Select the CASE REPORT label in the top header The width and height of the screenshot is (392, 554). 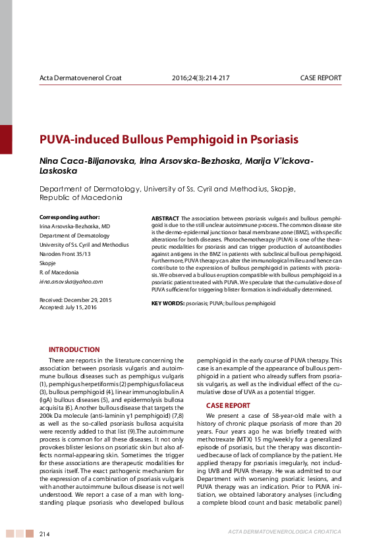[321, 78]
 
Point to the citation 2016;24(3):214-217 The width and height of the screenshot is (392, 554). [200, 78]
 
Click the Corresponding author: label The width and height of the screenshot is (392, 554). [70, 217]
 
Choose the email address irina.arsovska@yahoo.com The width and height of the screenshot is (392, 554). [71, 282]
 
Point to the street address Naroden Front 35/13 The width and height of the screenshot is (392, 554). [65, 254]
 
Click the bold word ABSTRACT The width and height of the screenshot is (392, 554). [165, 218]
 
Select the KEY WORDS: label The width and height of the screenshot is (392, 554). [168, 303]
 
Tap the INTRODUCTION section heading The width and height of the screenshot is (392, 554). [74, 349]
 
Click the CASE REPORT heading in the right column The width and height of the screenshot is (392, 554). [228, 405]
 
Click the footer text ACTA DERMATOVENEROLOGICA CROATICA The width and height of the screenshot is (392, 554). [285, 531]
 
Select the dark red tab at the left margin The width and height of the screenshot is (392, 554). [6, 139]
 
